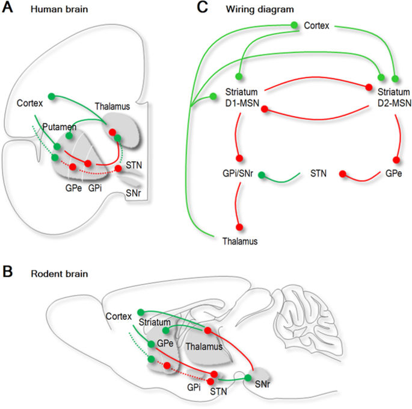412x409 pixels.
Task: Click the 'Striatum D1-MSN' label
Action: tap(242, 97)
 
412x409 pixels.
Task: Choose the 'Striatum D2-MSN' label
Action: tap(394, 97)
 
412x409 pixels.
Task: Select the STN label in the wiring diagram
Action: tap(319, 174)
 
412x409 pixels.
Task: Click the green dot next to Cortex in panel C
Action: tap(294, 25)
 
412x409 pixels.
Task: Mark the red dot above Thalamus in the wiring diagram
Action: tap(239, 227)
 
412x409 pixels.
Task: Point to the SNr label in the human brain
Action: tap(134, 193)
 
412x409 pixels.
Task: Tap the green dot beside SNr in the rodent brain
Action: tap(247, 378)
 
